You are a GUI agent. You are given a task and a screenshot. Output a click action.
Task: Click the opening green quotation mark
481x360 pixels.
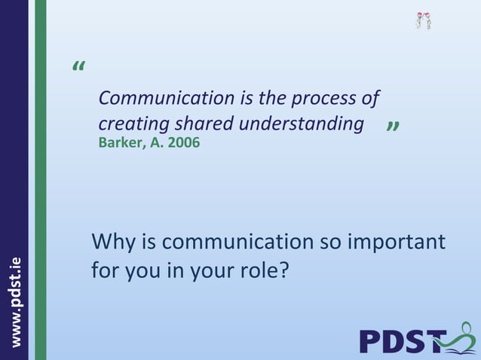tap(79, 68)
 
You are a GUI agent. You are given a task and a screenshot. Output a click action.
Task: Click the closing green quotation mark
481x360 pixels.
tap(392, 129)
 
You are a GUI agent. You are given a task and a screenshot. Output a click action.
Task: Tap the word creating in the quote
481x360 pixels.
tap(127, 124)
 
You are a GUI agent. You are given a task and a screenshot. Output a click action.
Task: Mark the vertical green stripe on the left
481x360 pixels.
tap(40, 180)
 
